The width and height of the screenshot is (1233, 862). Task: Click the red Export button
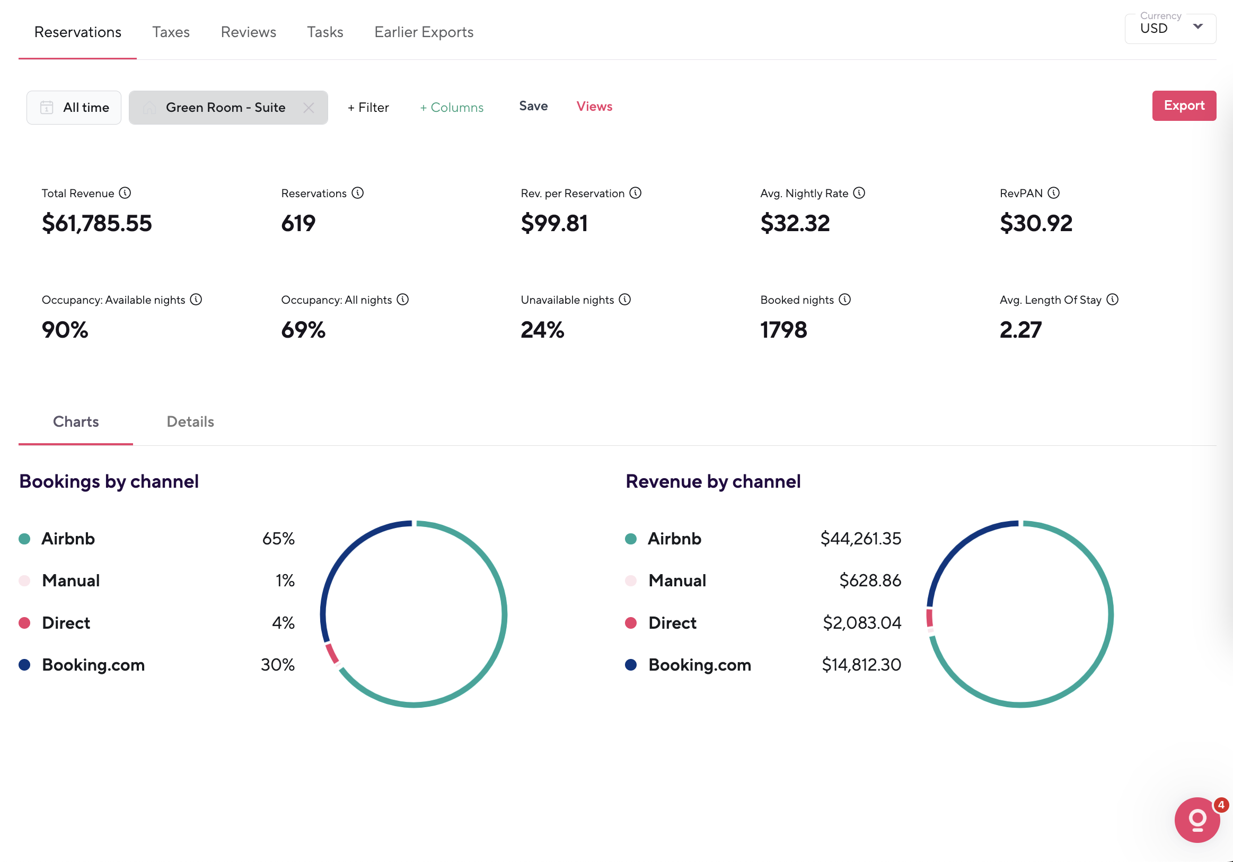1184,106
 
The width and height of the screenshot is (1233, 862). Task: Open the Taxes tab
171,32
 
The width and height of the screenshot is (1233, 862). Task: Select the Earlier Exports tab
424,32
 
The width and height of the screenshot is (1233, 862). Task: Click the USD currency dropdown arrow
1197,27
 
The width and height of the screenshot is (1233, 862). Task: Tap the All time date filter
74,108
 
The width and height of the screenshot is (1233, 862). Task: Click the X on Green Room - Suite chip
309,108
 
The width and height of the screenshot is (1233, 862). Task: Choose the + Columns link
452,108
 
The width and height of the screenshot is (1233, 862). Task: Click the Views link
594,107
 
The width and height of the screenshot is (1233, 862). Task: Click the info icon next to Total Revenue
125,193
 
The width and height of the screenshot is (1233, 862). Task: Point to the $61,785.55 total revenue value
96,223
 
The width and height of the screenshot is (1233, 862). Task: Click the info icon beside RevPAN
1054,193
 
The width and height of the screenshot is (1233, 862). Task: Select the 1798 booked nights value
783,330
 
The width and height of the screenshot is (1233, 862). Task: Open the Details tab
190,421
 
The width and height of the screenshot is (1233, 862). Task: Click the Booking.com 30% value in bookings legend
278,665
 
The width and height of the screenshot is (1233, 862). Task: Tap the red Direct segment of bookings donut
332,654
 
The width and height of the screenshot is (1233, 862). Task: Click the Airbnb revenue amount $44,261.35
860,539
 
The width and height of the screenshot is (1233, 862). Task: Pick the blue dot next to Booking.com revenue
631,665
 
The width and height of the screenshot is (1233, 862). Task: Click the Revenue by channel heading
712,481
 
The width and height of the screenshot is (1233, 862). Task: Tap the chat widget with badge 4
1197,820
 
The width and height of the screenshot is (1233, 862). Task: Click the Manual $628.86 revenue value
870,580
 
